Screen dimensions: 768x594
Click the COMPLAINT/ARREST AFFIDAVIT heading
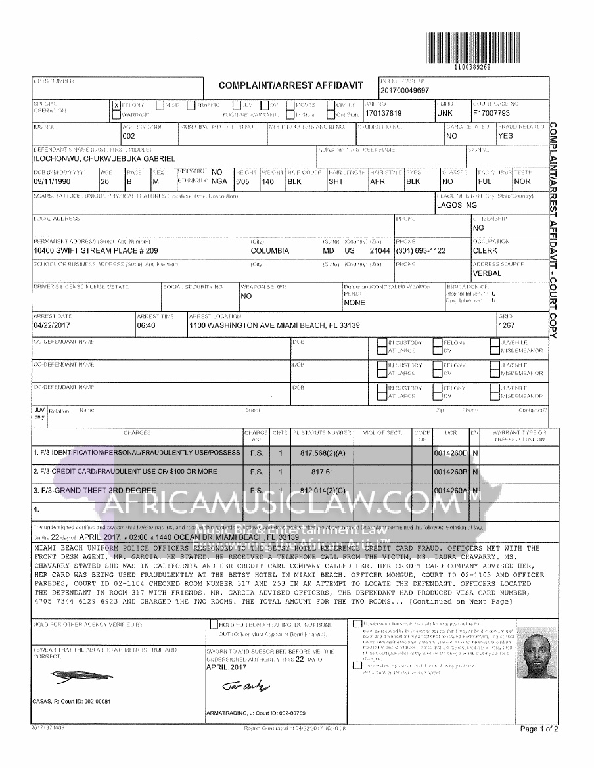[290, 86]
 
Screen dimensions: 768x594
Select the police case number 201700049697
[404, 91]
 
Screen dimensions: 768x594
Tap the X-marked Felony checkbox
[116, 105]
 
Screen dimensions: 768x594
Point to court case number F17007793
[491, 113]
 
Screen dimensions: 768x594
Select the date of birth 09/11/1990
[51, 181]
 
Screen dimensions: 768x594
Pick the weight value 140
[267, 181]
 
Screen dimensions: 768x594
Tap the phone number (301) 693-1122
[421, 251]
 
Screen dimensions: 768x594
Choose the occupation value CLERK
[485, 251]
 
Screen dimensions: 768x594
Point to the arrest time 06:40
[145, 325]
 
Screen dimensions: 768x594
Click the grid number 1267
[507, 325]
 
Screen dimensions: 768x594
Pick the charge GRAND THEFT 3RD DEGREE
[98, 490]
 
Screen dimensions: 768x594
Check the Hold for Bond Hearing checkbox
[214, 624]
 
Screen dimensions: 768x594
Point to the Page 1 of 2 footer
[539, 729]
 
